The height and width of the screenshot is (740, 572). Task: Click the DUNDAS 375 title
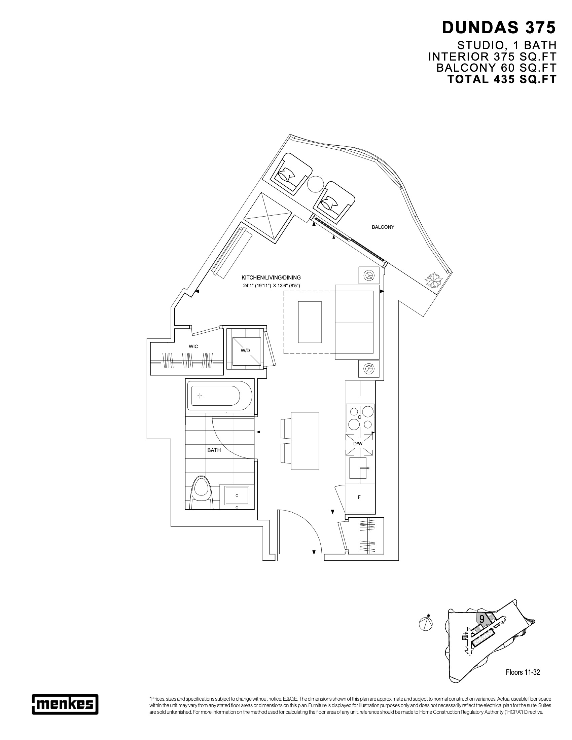[499, 28]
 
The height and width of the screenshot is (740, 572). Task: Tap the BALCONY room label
[383, 227]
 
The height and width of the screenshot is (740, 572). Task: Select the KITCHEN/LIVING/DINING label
[271, 277]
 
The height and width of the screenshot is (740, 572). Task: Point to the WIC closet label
[193, 346]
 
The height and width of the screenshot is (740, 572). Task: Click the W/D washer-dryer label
[245, 350]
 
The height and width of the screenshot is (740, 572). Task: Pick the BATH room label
[214, 450]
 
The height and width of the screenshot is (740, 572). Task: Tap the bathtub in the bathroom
[219, 396]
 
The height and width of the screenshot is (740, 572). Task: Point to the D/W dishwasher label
[358, 444]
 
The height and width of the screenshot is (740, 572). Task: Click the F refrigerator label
[359, 497]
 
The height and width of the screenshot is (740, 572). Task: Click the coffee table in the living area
[309, 322]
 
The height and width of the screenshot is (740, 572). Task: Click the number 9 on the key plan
[481, 619]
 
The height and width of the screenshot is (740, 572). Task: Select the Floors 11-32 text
[523, 672]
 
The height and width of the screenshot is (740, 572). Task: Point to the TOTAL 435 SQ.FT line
[502, 79]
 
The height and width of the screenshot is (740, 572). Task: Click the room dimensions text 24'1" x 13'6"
[271, 286]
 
